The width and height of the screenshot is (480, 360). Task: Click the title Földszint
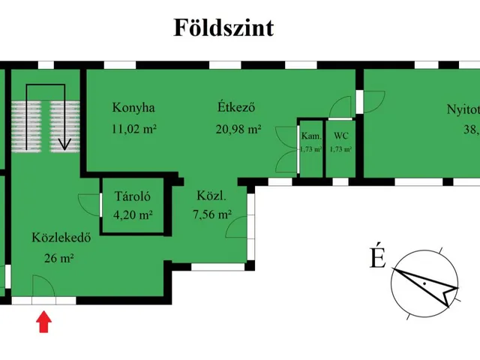pos(223,28)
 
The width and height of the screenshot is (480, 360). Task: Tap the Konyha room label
pos(133,106)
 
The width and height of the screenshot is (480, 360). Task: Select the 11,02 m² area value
pos(133,129)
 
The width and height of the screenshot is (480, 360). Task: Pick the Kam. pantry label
pos(310,136)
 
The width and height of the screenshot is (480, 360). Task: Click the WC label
pos(340,136)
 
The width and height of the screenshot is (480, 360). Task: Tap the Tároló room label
pos(133,197)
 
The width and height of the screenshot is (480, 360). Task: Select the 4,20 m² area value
pos(133,215)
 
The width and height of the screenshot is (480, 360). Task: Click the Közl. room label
pos(211,197)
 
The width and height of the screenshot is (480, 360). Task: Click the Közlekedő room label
pos(61,239)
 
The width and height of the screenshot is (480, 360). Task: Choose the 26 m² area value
pos(59,259)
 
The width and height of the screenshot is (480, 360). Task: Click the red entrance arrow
pos(44,322)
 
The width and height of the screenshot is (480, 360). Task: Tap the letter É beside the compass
pos(377,258)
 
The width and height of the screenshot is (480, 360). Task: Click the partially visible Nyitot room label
pos(462,108)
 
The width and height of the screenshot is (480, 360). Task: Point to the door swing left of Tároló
pos(89,203)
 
